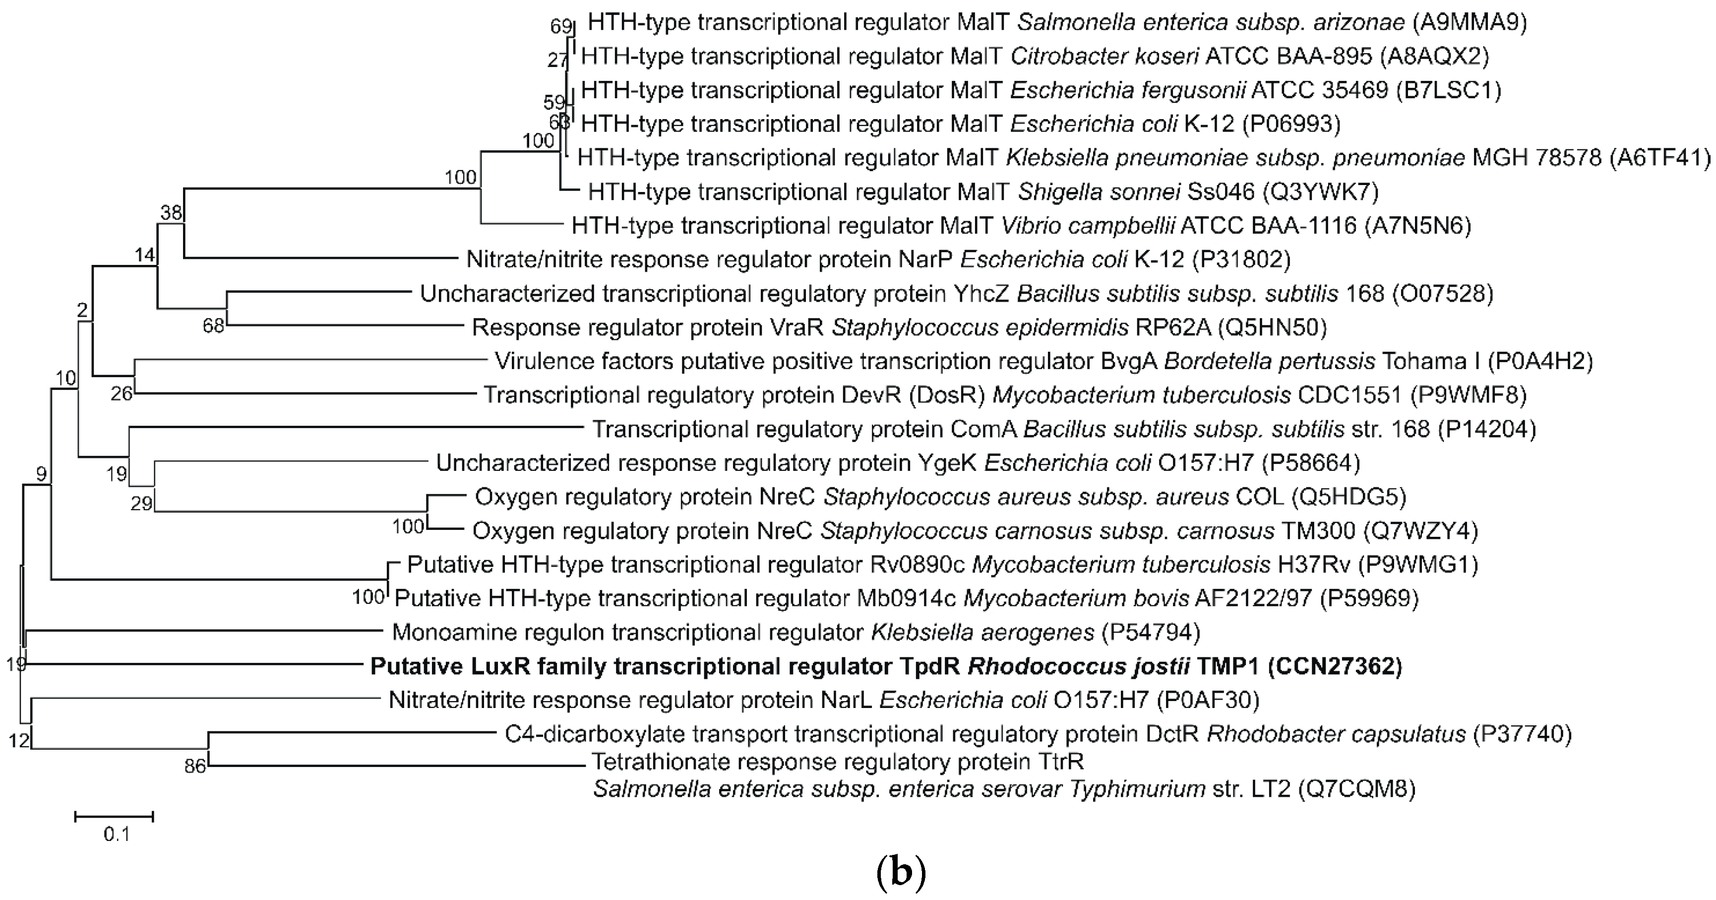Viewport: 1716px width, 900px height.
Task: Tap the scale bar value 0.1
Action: (117, 834)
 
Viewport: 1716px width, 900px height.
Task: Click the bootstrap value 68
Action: (213, 326)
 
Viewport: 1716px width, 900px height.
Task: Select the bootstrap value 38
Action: (171, 212)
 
